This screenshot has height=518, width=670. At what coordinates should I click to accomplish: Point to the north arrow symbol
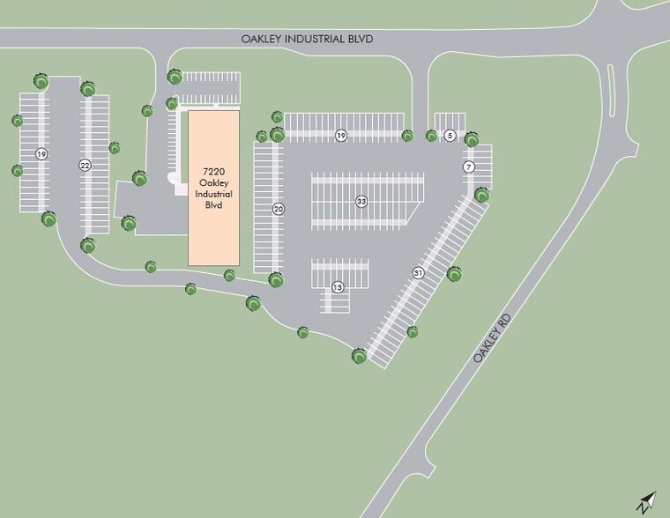[646, 502]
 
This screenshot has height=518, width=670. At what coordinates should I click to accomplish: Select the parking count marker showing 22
[85, 165]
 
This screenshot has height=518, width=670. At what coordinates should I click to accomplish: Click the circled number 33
[361, 202]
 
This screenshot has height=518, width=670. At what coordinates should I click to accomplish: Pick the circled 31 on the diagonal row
[418, 274]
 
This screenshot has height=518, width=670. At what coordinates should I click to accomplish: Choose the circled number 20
[279, 210]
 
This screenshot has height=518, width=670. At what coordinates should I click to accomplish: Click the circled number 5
[450, 136]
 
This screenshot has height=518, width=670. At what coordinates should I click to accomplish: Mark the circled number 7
[469, 167]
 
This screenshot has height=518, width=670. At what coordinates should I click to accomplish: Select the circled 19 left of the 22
[41, 154]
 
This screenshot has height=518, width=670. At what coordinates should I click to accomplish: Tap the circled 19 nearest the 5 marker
[341, 136]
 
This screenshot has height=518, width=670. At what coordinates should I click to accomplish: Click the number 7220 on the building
[213, 171]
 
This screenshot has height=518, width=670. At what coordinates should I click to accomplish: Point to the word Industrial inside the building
[213, 194]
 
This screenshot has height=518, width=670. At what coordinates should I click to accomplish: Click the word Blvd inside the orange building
[213, 205]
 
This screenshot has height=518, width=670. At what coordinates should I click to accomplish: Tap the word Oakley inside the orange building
[213, 182]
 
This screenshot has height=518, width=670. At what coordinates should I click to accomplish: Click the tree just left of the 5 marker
[431, 136]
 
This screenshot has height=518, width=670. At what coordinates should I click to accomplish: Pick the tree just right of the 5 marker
[472, 138]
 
